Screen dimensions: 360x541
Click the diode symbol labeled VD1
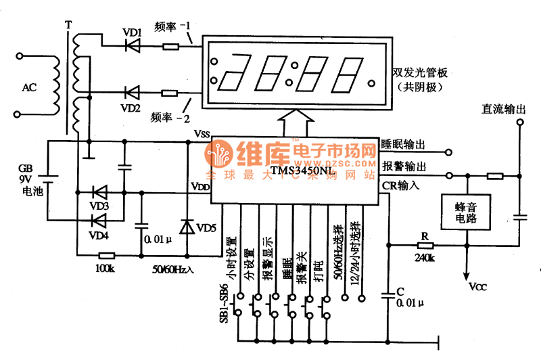click(133, 46)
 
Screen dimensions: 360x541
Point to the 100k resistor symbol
click(105, 256)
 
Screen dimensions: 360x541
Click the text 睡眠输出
click(404, 144)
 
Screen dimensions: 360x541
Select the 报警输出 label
click(404, 166)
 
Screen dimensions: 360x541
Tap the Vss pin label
click(202, 133)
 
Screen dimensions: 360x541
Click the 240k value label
click(425, 258)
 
